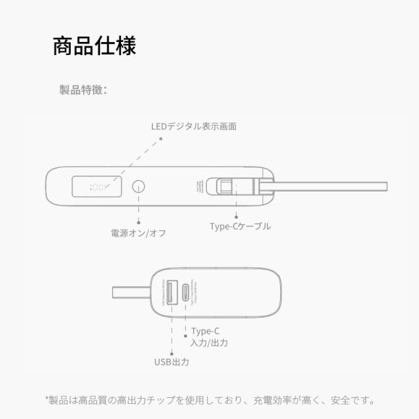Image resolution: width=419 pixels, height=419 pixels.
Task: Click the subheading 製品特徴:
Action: pos(83,90)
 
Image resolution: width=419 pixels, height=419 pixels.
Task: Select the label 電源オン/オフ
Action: pos(138,232)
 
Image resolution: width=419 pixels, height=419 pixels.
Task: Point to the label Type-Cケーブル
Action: pos(240,226)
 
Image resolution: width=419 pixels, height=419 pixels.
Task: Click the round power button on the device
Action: pos(138,187)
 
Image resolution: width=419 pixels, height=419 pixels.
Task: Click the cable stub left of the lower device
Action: pos(131,290)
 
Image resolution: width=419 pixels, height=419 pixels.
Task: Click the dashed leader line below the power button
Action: pos(138,211)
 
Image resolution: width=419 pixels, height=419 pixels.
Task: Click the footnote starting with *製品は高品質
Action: pos(209,399)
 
